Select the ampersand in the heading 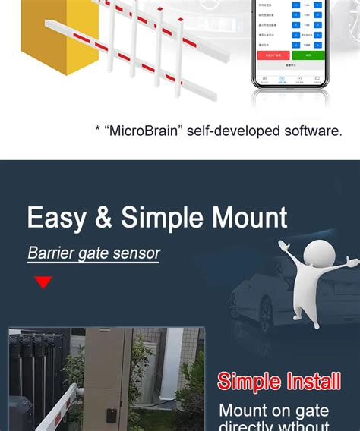[103, 218]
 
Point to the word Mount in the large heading [246, 218]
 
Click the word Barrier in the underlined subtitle [49, 253]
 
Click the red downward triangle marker [43, 283]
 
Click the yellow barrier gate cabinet [43, 38]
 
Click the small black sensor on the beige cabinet [111, 416]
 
